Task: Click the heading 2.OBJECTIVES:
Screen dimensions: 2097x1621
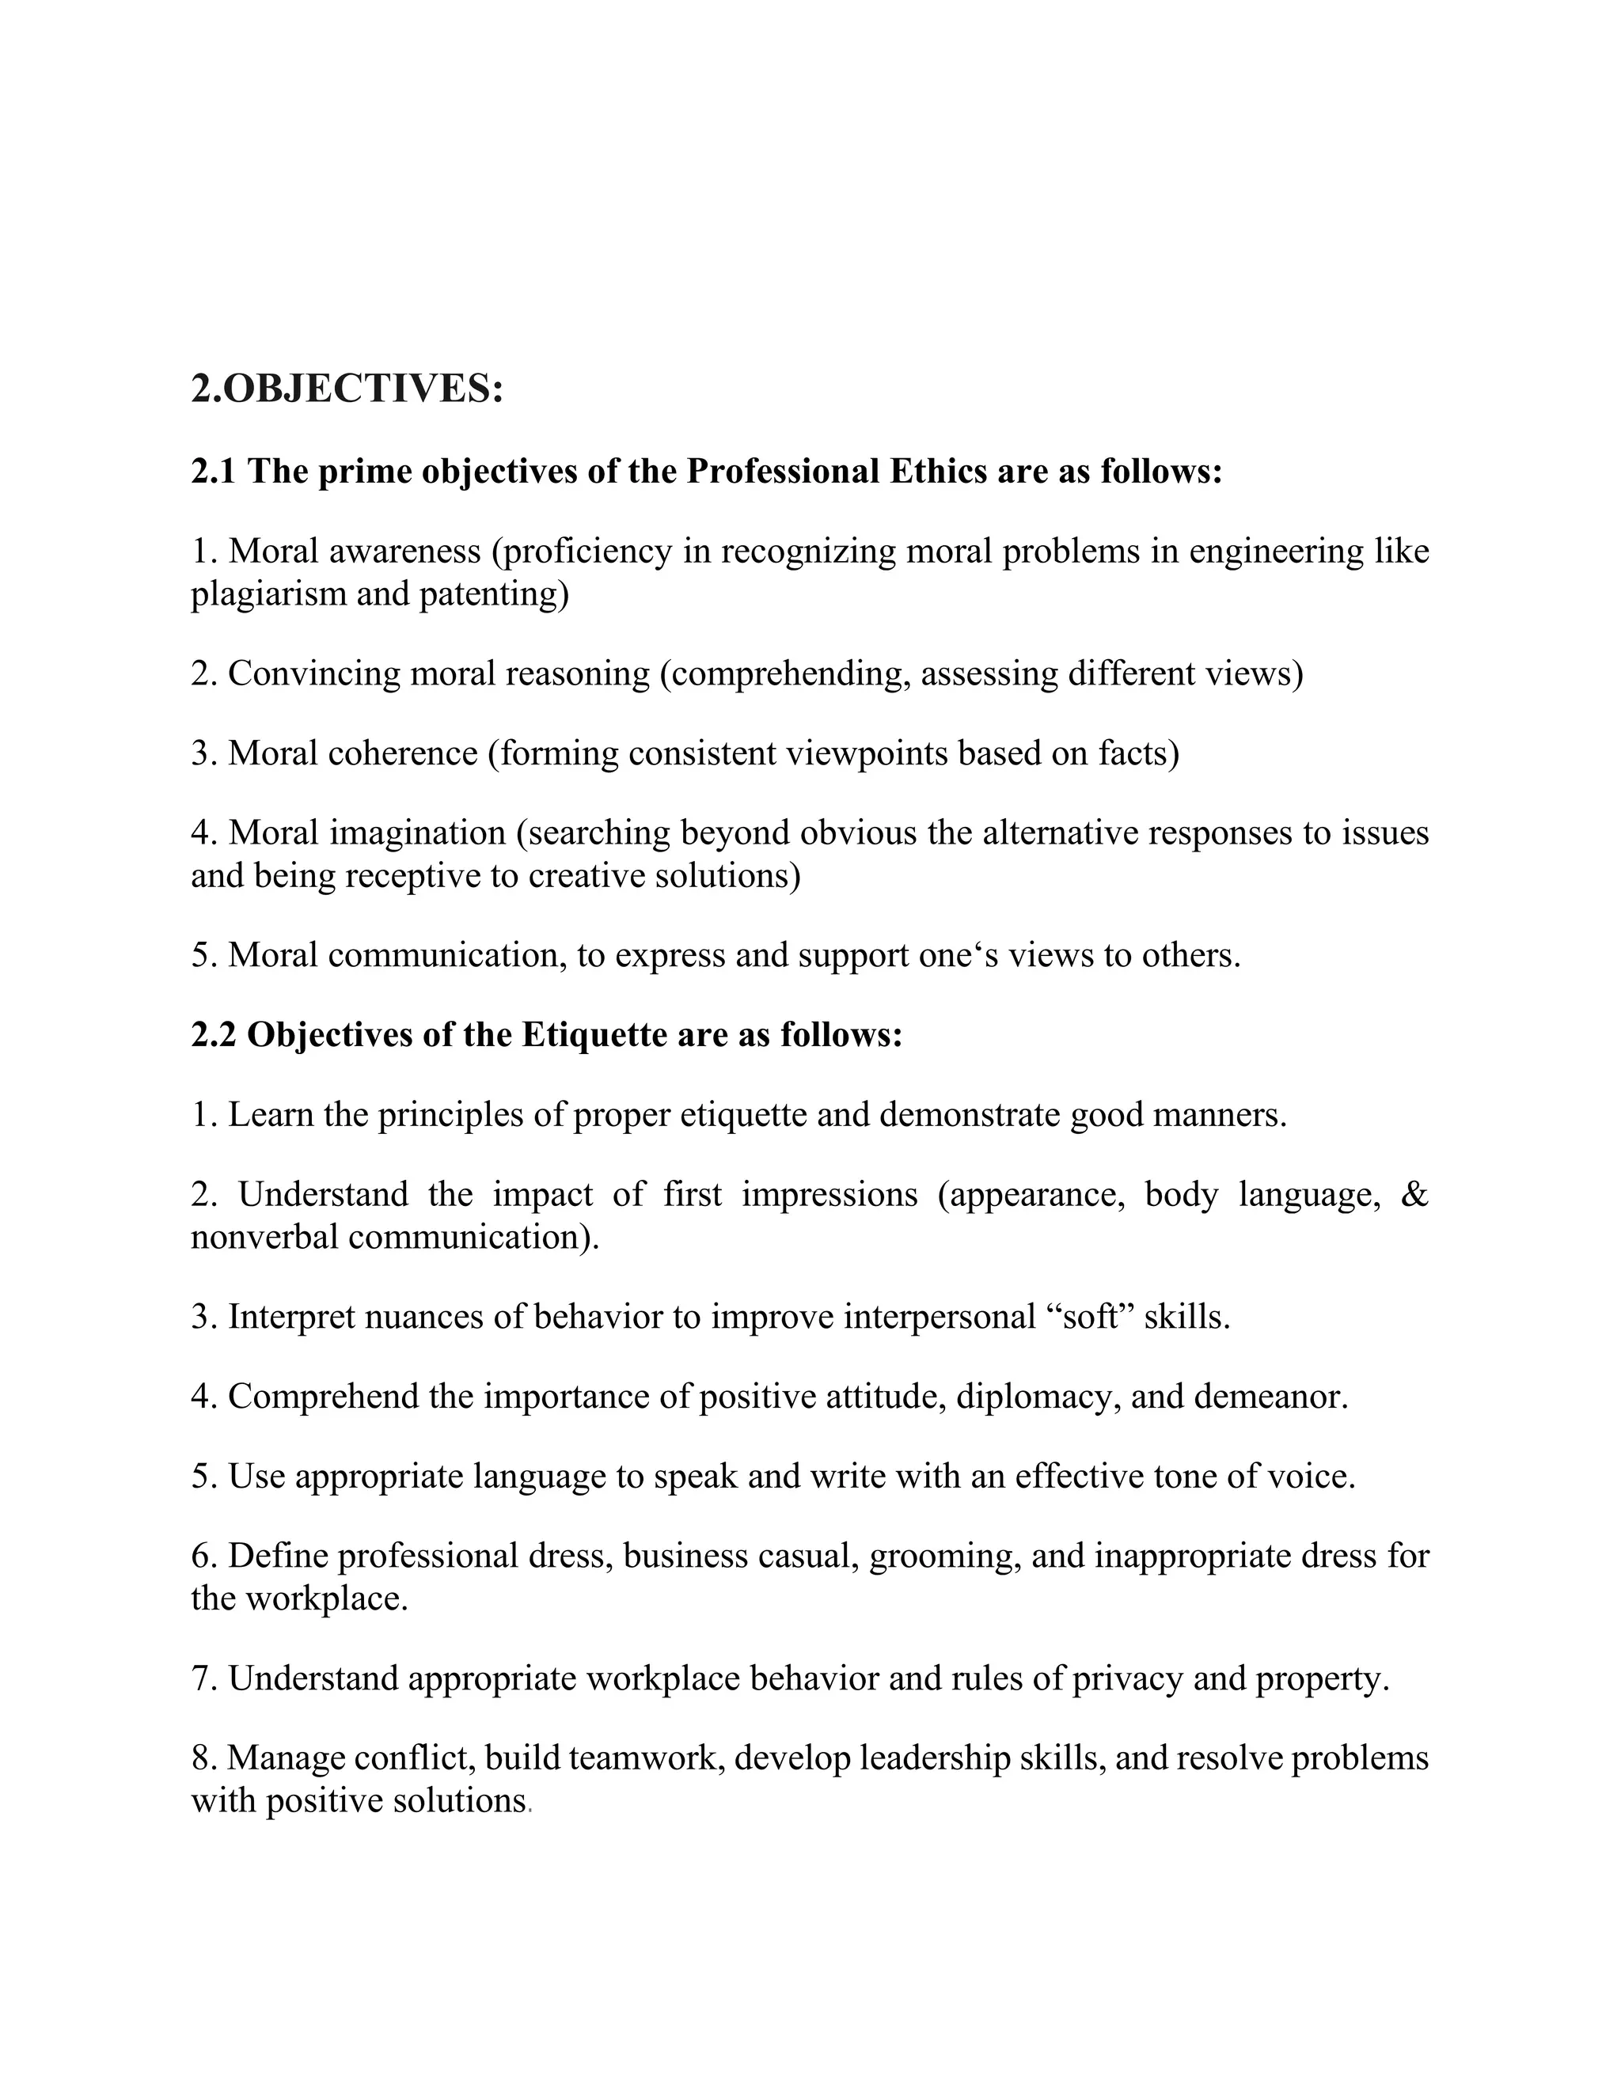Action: pos(347,389)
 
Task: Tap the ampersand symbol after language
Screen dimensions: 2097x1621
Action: pos(1414,1194)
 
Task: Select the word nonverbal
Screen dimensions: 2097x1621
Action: pos(264,1237)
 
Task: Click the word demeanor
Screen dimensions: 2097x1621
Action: pos(1270,1396)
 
